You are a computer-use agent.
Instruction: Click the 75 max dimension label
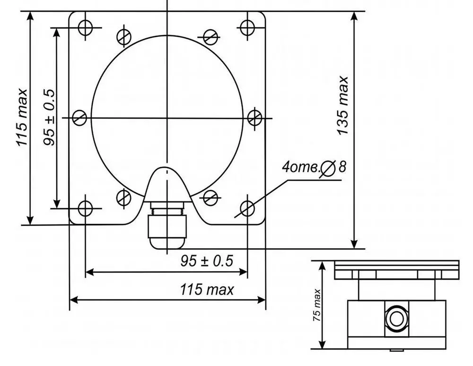pos(317,305)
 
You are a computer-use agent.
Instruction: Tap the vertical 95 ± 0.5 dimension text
pos(49,118)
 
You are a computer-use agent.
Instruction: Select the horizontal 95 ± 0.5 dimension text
pos(207,261)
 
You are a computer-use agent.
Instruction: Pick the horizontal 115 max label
pos(207,290)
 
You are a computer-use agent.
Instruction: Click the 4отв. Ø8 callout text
pos(314,167)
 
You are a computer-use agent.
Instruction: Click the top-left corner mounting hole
pos(85,27)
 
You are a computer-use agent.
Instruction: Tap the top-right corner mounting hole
pos(247,27)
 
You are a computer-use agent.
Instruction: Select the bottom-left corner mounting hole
pos(85,208)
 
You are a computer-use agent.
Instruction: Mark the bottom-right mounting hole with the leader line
pos(247,208)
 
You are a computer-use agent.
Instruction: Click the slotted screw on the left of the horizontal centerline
pos(79,118)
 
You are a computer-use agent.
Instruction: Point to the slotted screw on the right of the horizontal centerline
pos(254,118)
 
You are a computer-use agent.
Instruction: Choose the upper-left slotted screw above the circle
pos(123,37)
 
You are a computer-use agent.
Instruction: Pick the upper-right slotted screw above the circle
pos(210,37)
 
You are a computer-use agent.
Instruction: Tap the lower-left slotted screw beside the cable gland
pos(123,197)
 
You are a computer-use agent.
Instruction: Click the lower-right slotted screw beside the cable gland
pos(210,197)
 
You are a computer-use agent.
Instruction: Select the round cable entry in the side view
pos(396,318)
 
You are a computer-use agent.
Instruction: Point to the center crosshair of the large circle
pos(167,118)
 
